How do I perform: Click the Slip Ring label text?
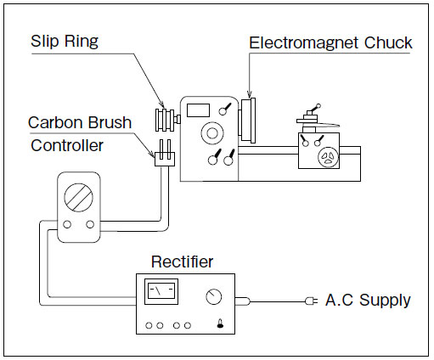pos(65,42)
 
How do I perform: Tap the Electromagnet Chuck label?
pos(330,43)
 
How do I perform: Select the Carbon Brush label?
pos(80,122)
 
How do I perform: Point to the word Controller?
pos(67,145)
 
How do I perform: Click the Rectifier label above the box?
pos(182,262)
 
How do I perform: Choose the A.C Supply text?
pos(368,300)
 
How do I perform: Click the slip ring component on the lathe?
pos(165,120)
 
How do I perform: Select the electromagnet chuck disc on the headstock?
pos(248,121)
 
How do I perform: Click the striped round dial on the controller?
pos(79,197)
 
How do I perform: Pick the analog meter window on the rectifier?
pos(161,291)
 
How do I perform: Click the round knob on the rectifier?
pos(213,296)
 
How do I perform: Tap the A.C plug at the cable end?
pos(311,301)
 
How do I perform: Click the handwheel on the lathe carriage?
pos(328,157)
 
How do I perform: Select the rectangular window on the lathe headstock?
pos(198,110)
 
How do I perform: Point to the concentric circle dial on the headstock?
pos(212,133)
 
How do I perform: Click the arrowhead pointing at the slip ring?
pos(161,104)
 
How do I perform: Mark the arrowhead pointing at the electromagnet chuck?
pos(249,95)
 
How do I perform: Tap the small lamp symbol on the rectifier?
pos(220,323)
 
